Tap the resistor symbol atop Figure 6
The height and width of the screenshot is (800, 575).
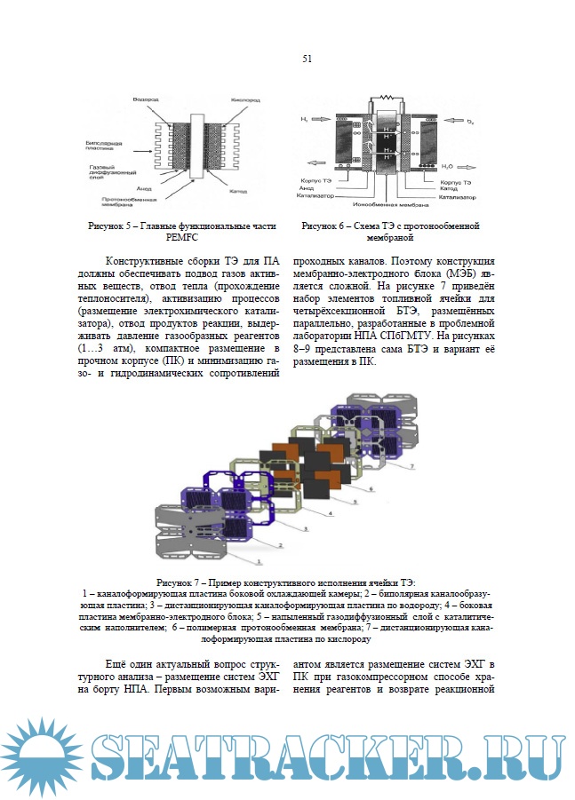point(386,96)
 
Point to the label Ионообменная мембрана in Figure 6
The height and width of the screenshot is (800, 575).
point(391,205)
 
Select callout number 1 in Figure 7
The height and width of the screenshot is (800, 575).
point(258,562)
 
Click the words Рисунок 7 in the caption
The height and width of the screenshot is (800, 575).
point(185,582)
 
